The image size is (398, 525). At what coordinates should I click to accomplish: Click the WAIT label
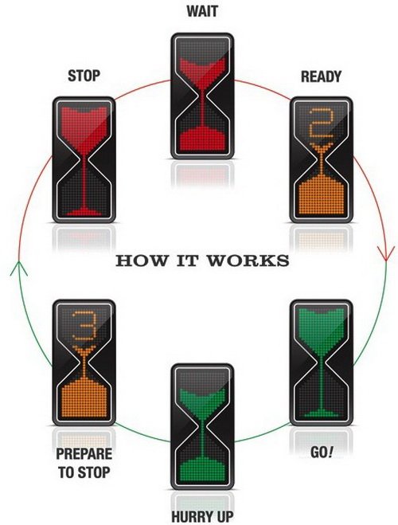202,11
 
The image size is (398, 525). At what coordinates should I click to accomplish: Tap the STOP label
84,76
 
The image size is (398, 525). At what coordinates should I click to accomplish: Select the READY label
321,76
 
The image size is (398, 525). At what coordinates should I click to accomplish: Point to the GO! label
322,453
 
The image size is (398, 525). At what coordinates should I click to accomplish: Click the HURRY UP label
202,516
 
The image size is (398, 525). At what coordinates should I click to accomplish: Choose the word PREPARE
84,453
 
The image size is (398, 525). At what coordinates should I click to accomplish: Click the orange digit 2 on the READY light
321,123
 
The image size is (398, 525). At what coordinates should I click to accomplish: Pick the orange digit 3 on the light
84,326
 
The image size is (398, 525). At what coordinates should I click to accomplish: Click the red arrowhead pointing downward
387,254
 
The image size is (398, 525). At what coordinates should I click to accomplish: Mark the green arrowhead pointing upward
19,268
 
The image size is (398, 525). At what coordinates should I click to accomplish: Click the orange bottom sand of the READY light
321,197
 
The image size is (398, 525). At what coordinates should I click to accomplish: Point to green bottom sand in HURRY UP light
202,472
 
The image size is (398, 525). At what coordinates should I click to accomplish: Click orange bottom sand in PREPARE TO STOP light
84,399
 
